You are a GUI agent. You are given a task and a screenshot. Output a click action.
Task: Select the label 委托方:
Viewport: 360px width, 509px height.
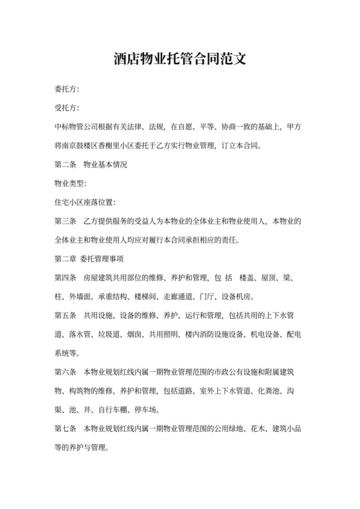click(x=67, y=89)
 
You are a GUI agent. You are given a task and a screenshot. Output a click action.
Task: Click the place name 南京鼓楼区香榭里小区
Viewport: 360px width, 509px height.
click(x=104, y=145)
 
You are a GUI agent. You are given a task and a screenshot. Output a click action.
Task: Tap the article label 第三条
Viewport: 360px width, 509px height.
click(x=66, y=222)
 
